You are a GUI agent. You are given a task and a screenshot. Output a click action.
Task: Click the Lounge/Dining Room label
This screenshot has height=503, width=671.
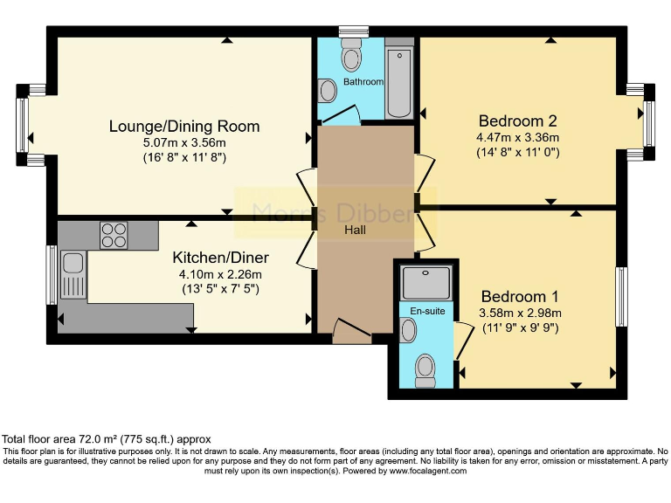pos(184,127)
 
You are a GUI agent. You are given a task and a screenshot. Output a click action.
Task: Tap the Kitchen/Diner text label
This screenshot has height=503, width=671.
pos(220,258)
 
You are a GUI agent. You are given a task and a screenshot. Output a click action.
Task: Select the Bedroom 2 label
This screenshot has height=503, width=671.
pos(517,121)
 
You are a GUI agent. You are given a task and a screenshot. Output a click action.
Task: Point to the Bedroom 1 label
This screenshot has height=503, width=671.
pos(520,296)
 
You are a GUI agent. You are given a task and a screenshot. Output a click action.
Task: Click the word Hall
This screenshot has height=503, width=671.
pos(354,231)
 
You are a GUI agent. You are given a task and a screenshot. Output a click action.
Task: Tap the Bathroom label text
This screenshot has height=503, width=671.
pos(363,82)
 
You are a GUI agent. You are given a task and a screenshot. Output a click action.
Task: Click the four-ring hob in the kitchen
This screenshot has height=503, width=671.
pos(113,236)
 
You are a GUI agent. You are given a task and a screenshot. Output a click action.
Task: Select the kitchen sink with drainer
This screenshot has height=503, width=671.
pos(72,273)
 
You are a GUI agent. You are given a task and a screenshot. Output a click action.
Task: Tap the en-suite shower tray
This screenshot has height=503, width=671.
pos(425,282)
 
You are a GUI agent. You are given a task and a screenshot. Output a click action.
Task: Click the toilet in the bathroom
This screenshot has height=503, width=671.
pos(352,54)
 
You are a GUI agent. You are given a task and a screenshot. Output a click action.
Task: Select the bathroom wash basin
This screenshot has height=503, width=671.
pos(327,91)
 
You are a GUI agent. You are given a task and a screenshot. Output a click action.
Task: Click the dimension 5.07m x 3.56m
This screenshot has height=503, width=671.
pos(184,143)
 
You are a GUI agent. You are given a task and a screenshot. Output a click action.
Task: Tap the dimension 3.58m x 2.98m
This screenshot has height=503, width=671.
pos(520,314)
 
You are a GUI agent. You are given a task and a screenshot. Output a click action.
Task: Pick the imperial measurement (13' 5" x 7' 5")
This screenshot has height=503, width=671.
pos(220,288)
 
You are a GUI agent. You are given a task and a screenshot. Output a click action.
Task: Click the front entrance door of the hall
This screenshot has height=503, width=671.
pos(352,332)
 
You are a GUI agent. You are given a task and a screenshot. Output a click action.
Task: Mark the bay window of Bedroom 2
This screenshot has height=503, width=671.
pos(647,123)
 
